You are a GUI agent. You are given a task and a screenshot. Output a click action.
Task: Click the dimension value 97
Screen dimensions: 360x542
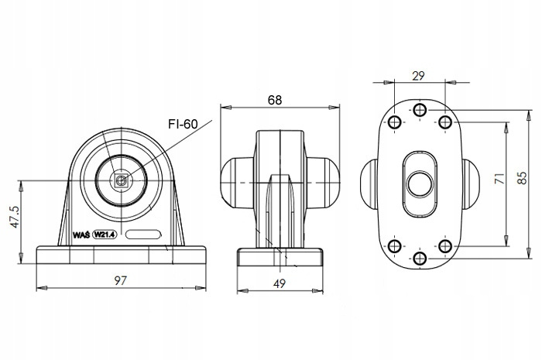click(x=120, y=279)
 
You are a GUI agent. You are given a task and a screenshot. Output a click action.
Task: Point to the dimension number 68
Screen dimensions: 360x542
click(x=275, y=99)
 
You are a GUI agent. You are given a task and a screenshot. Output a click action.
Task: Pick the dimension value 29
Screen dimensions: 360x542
click(x=418, y=75)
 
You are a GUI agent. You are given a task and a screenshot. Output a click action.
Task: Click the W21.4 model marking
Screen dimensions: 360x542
click(x=105, y=234)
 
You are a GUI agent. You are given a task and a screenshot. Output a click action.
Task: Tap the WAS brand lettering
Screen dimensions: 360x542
click(x=81, y=234)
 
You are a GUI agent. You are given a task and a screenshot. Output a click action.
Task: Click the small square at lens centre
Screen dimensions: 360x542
click(x=120, y=181)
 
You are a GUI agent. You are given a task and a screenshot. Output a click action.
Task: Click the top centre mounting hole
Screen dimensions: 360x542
click(x=420, y=108)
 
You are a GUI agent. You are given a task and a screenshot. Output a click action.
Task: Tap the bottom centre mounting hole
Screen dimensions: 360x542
click(x=420, y=257)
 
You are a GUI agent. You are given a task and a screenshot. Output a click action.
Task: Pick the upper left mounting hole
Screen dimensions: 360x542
click(x=394, y=122)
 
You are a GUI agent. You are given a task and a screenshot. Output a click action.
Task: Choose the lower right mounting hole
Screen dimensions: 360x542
click(x=445, y=245)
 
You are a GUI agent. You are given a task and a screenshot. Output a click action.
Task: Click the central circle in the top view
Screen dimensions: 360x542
click(x=420, y=183)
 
